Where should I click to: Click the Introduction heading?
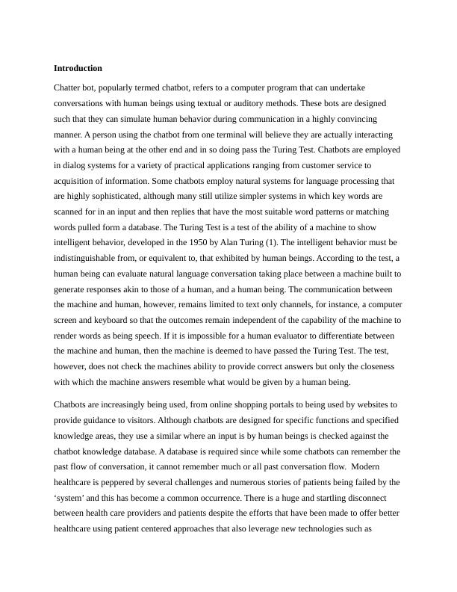[78, 68]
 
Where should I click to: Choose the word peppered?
[118, 482]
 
